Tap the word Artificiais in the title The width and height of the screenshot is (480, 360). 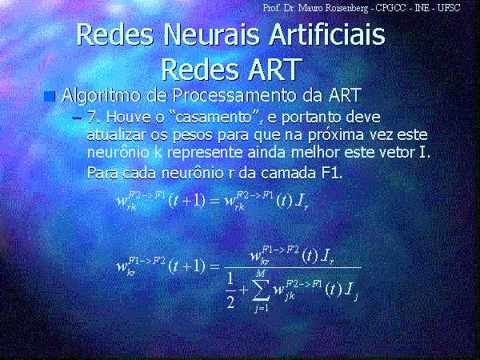(x=327, y=34)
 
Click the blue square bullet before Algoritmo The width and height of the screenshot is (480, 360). (x=50, y=97)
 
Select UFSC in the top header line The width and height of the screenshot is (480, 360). (x=449, y=8)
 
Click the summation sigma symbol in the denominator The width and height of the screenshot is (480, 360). (x=261, y=290)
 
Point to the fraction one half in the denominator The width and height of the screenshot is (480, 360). (x=231, y=290)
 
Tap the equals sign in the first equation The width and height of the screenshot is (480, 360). (x=215, y=201)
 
